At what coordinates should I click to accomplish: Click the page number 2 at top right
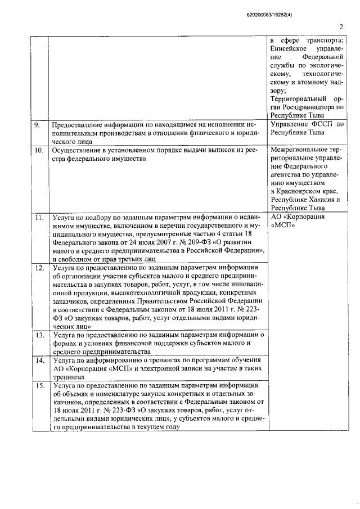coord(341,26)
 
